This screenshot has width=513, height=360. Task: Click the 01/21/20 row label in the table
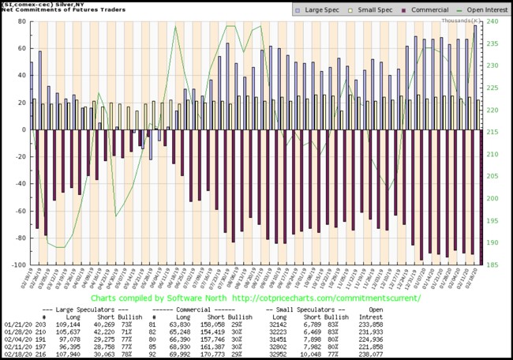point(17,323)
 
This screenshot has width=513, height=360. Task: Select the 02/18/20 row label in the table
point(17,354)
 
